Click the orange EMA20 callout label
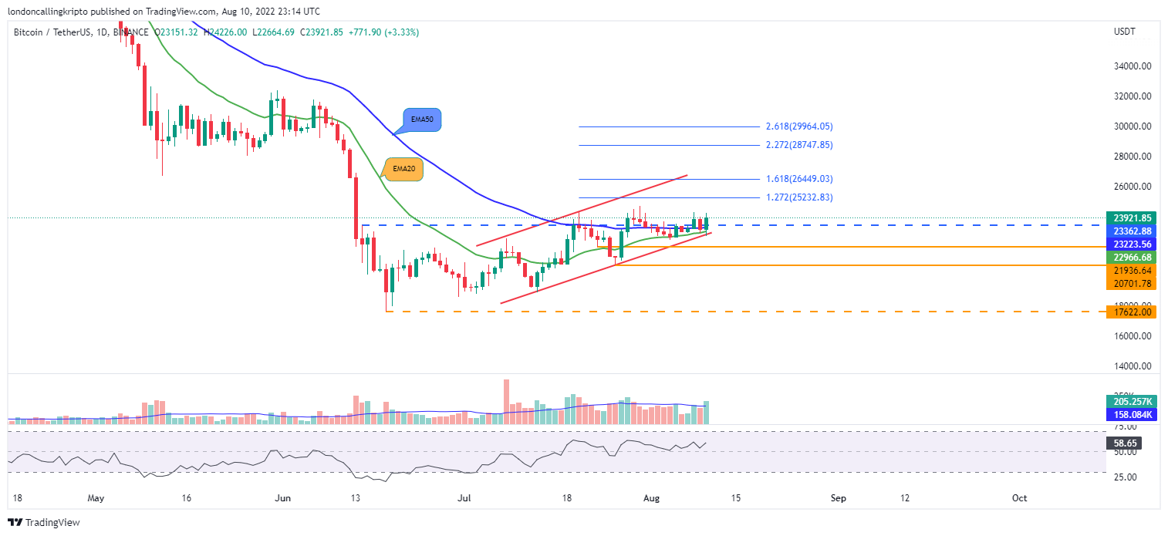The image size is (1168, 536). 404,169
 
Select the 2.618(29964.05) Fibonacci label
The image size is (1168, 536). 798,126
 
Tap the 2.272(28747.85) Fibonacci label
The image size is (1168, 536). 798,145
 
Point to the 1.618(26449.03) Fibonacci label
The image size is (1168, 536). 798,179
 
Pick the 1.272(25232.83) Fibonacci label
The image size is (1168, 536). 798,197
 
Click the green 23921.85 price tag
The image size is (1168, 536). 1130,218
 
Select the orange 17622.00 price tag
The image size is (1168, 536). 1130,312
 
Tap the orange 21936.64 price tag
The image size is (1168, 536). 1130,271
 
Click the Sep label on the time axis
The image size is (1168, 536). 839,498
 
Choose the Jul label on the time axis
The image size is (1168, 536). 465,498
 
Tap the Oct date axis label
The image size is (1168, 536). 1019,498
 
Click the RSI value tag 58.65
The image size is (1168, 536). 1122,443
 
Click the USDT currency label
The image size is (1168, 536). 1123,32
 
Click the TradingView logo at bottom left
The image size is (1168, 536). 45,523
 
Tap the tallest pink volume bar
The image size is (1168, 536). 506,401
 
